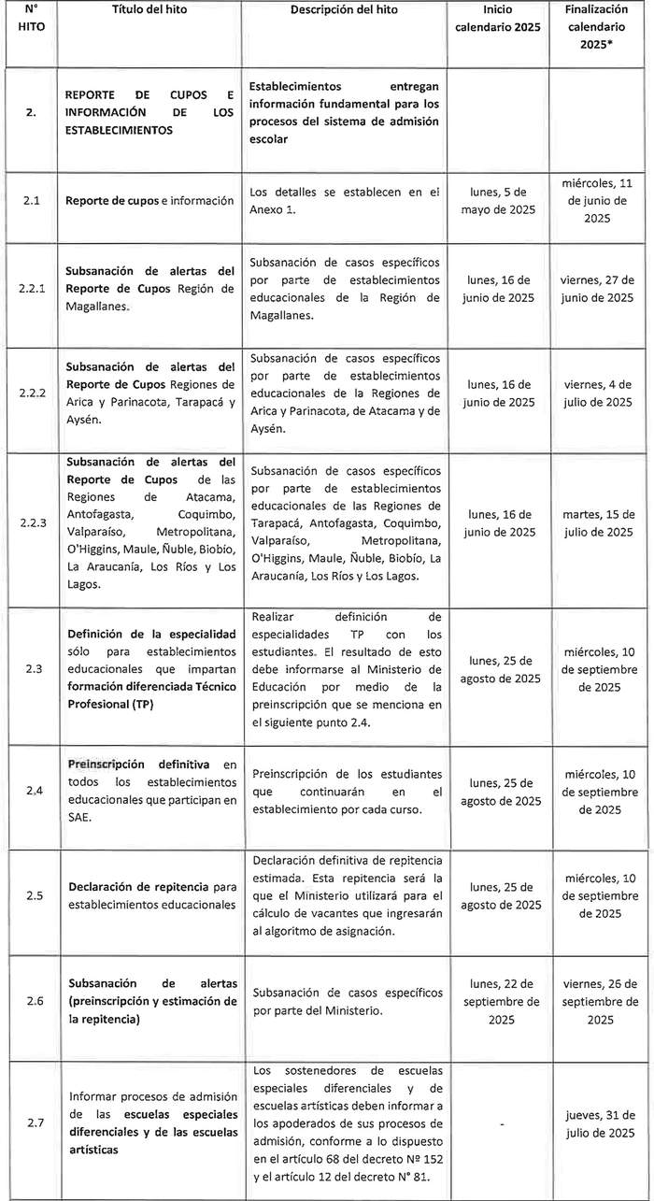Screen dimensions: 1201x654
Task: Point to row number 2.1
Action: coord(31,201)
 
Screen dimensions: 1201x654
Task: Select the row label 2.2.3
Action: coord(31,522)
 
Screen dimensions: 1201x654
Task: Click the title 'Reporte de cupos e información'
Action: coord(149,201)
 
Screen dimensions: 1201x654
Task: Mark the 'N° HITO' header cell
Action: coord(31,19)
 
